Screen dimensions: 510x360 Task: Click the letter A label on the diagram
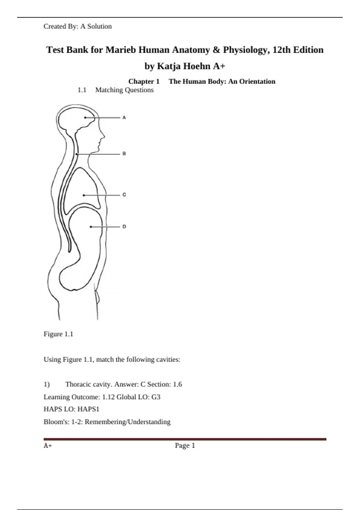(x=124, y=118)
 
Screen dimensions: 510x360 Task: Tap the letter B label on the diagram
(x=124, y=154)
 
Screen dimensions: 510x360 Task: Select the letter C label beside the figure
(x=124, y=195)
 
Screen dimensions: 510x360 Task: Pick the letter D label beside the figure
(x=124, y=227)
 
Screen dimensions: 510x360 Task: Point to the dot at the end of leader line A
(x=85, y=118)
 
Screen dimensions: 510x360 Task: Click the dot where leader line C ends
(x=84, y=195)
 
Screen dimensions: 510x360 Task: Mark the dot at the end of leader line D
(x=91, y=227)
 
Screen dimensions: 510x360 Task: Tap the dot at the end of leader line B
(x=77, y=154)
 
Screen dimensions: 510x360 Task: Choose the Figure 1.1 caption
(x=58, y=334)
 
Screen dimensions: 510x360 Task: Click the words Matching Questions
(x=124, y=90)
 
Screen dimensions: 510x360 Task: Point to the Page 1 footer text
(x=185, y=445)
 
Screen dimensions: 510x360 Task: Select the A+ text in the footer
(x=48, y=445)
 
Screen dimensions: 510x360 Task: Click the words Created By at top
(x=61, y=26)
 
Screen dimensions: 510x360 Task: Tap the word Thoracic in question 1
(x=79, y=384)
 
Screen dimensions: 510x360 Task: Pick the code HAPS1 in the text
(x=88, y=409)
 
